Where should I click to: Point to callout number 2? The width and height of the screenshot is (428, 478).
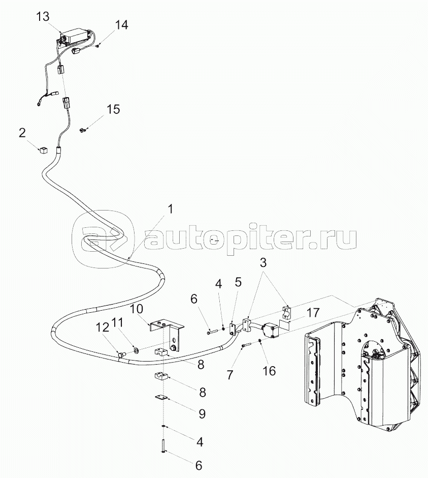pyautogui.click(x=22, y=133)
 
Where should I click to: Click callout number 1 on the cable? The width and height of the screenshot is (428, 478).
pyautogui.click(x=170, y=209)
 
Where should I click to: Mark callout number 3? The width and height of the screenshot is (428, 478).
pyautogui.click(x=262, y=263)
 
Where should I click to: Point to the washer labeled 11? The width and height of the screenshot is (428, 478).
pyautogui.click(x=137, y=350)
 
